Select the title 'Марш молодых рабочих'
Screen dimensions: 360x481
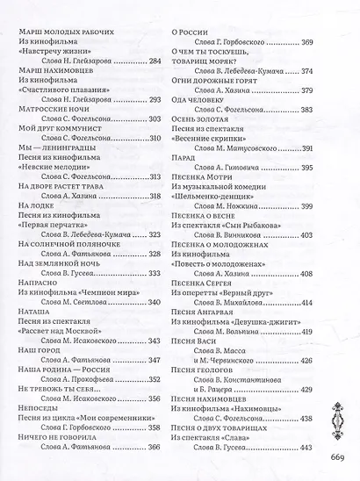pyautogui.click(x=66, y=32)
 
